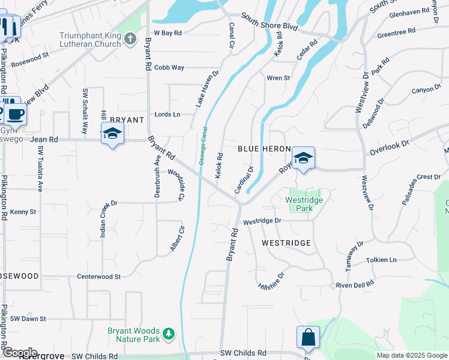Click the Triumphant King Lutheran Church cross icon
(131, 39)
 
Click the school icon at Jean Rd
(112, 134)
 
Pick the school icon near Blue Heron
(304, 158)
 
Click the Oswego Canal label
(202, 145)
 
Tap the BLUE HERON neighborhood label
(264, 149)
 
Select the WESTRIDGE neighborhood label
(286, 243)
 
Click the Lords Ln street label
(167, 114)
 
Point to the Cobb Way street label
(169, 68)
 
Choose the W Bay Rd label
(167, 33)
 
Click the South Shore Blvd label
(270, 23)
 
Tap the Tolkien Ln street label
(381, 260)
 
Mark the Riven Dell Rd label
(355, 284)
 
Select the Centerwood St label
(99, 277)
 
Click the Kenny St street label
(23, 212)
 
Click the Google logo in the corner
(19, 352)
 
